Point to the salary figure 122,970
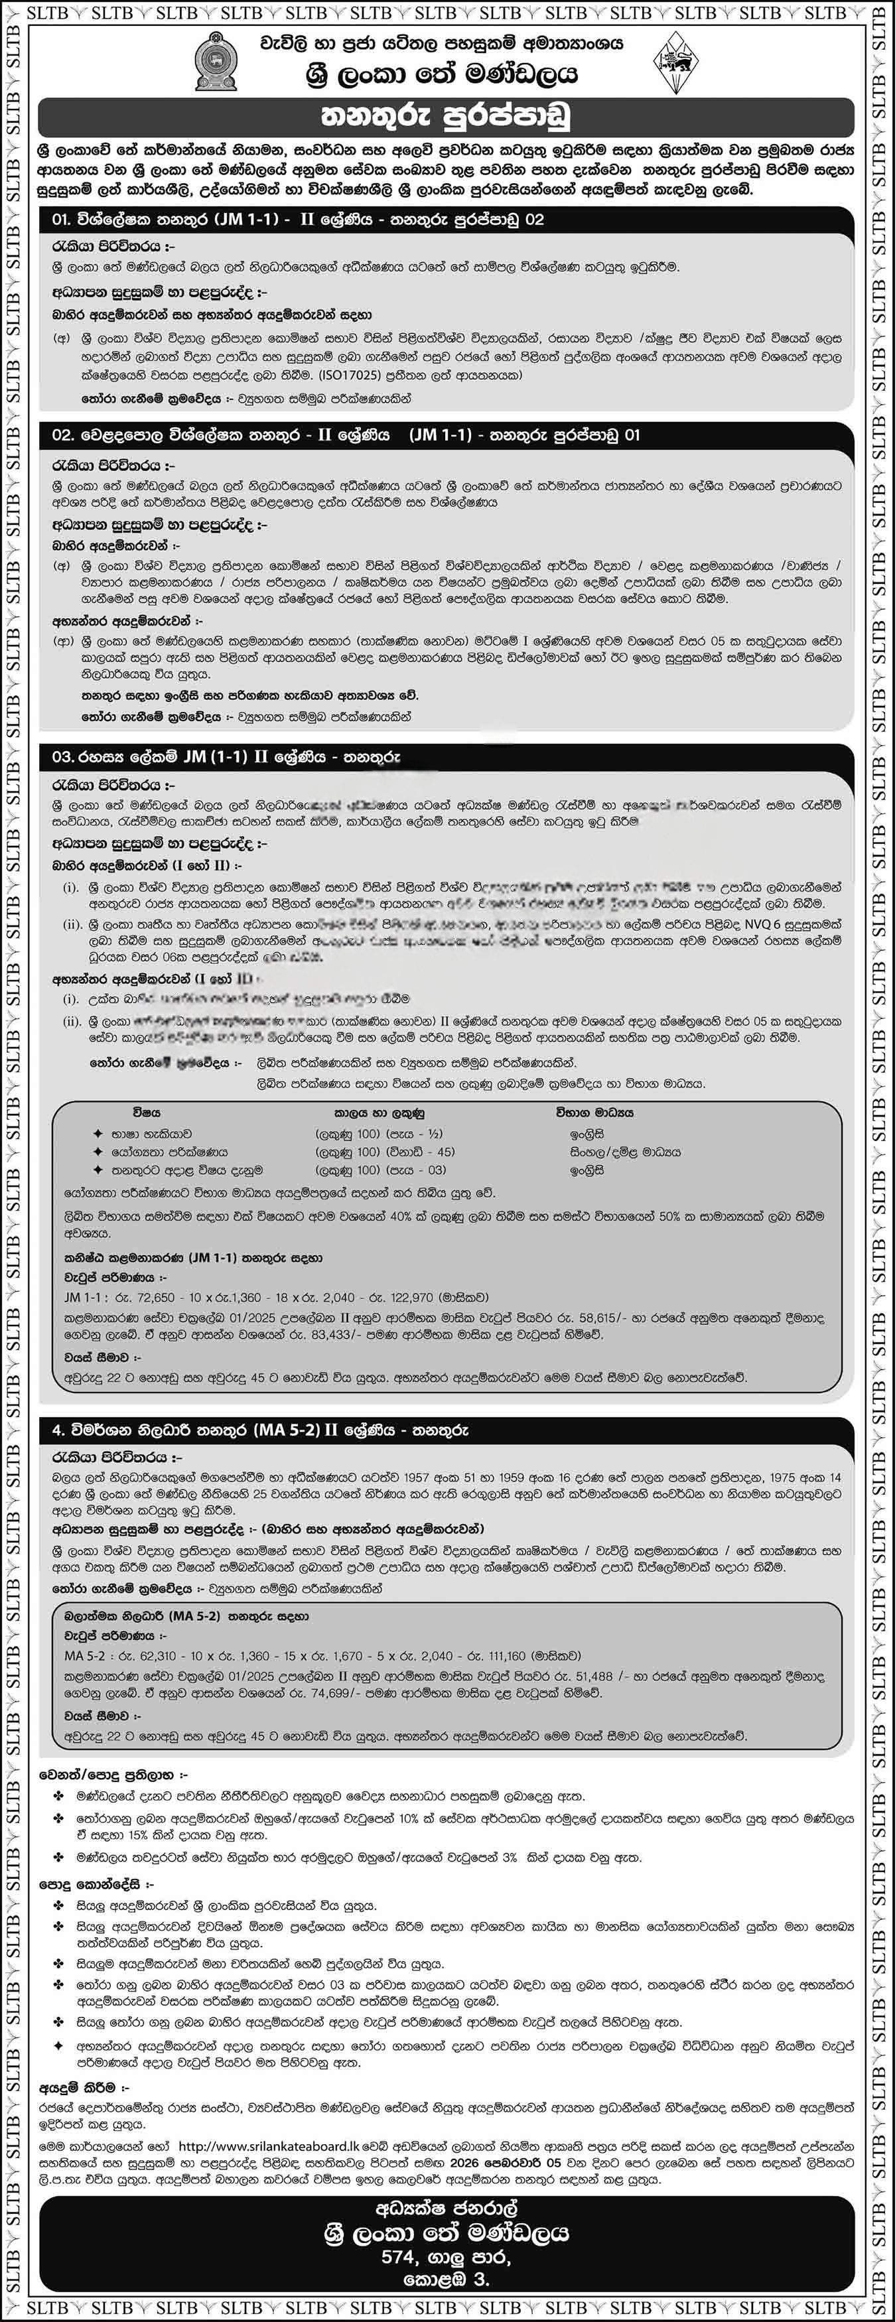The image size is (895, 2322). [407, 1297]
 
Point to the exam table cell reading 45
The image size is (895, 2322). [445, 1152]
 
